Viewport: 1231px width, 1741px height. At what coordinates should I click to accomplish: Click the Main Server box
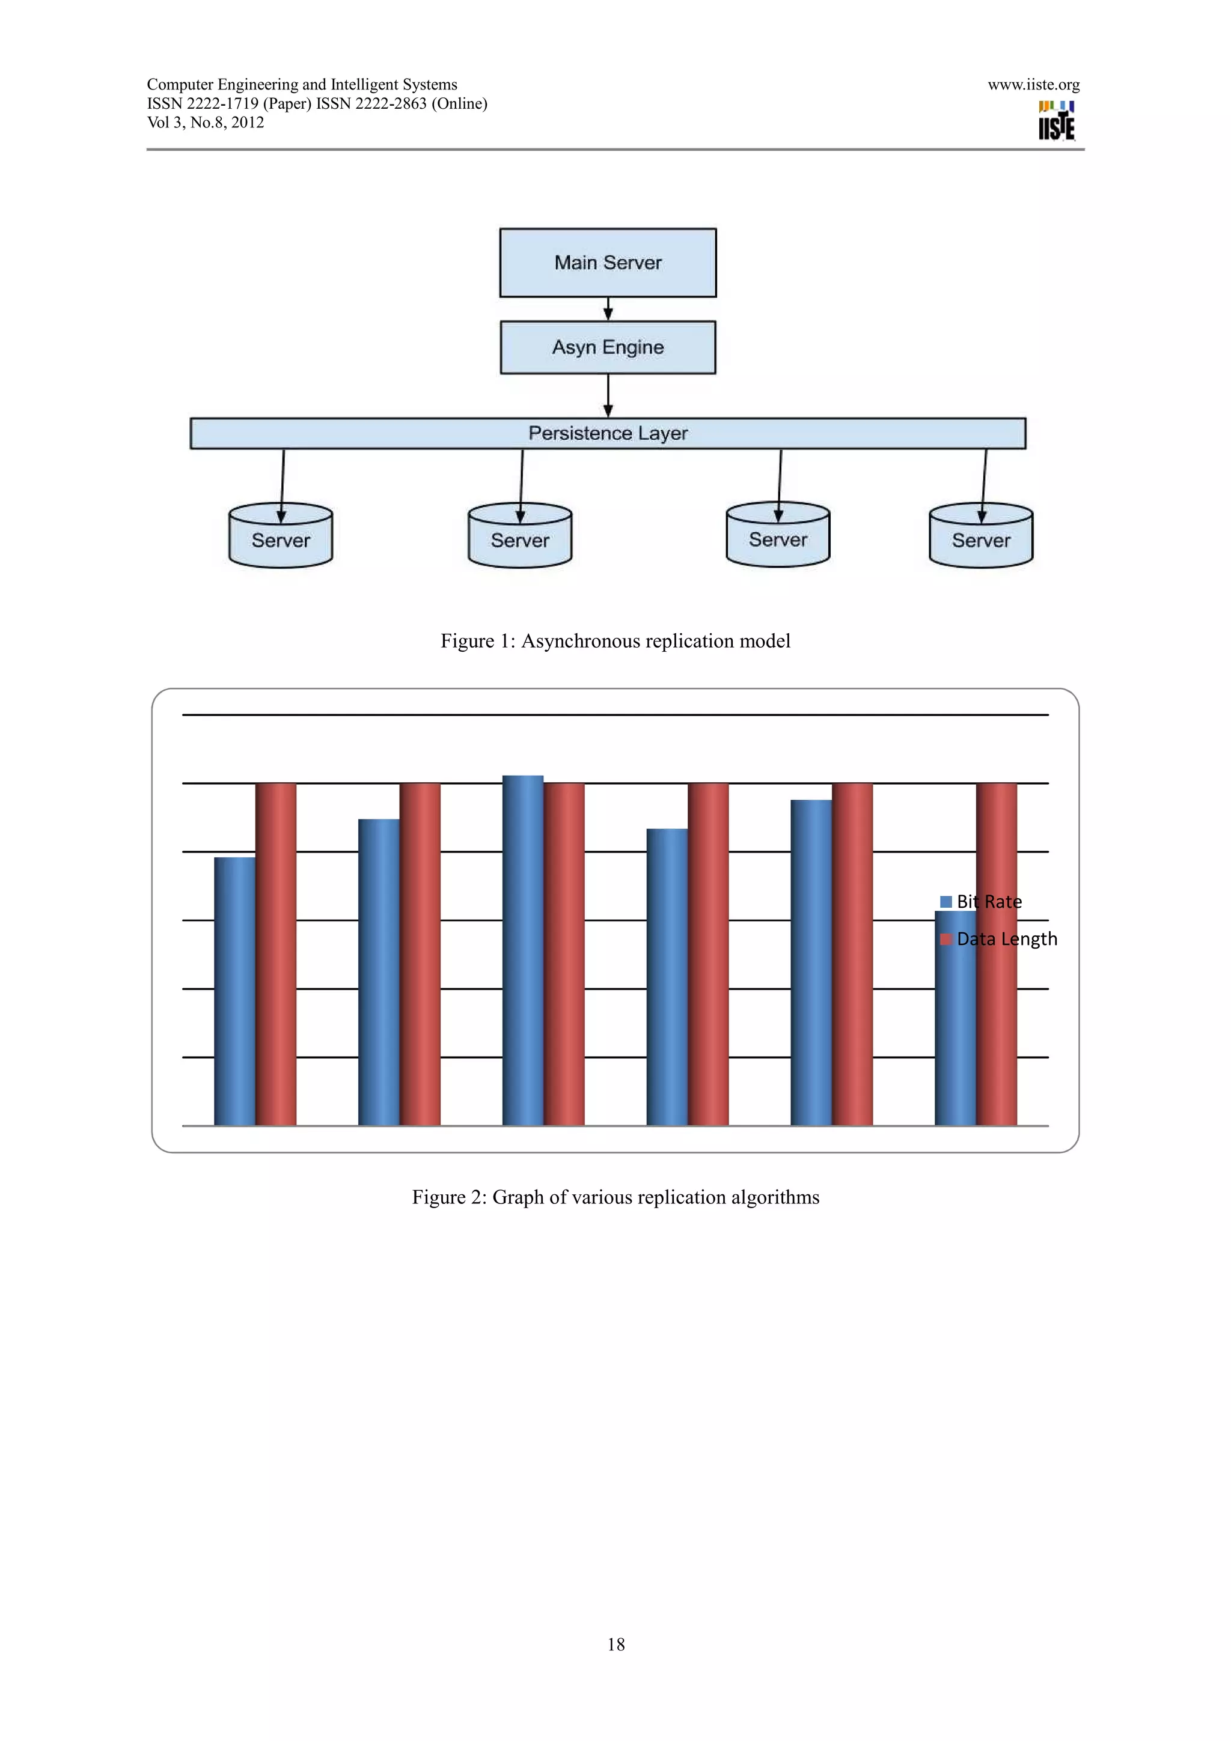tap(608, 263)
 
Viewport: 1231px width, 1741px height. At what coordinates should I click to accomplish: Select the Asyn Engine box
tap(608, 347)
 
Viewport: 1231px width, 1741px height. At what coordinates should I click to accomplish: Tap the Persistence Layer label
tap(608, 433)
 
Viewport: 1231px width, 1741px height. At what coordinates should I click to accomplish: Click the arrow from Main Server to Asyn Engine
tap(608, 309)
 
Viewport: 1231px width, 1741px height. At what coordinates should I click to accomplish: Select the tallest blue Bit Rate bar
tap(522, 948)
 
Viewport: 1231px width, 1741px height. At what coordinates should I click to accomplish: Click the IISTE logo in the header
tap(1056, 121)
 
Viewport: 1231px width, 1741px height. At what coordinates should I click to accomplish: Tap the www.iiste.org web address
tap(1033, 85)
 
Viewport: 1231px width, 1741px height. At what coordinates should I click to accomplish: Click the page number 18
tap(616, 1644)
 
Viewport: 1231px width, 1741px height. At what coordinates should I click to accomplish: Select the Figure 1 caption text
tap(615, 641)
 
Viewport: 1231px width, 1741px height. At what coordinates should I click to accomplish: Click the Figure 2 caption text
tap(615, 1197)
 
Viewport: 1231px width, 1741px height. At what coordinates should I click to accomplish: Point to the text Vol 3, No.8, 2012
tap(206, 123)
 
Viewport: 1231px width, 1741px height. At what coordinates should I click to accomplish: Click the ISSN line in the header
tap(317, 104)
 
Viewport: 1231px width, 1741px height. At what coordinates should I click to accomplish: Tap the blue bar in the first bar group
tap(234, 990)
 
